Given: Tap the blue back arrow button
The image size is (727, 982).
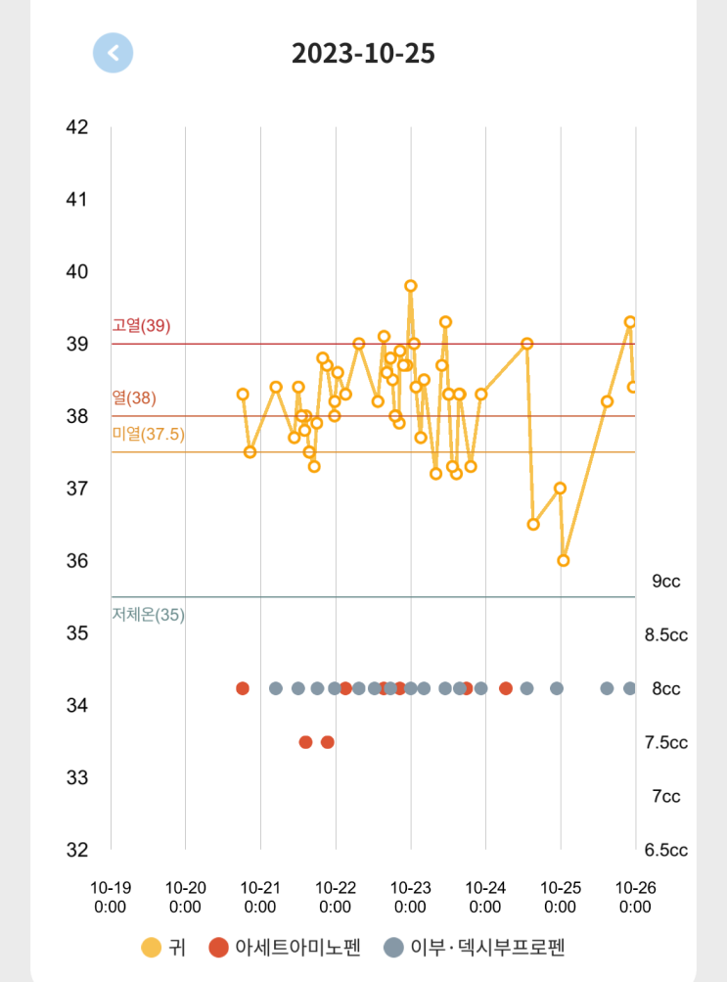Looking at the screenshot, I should coord(114,53).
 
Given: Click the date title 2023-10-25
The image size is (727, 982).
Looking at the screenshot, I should coord(363,54).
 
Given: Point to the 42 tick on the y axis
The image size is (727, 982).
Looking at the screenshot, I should coord(77,127).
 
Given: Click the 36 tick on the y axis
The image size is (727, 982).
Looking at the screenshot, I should coord(77,561).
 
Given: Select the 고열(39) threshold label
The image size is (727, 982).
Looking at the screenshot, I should coord(141,326).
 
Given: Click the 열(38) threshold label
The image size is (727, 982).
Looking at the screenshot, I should coord(134,398).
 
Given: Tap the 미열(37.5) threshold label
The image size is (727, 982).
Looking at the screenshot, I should coord(148,434).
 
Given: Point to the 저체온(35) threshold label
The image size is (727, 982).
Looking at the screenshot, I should coord(148,615).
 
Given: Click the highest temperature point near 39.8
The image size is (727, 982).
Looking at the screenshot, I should coord(411,286).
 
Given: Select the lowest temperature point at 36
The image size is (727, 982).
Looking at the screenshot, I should coord(564,560).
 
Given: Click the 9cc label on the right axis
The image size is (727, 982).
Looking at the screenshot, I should coord(666,582).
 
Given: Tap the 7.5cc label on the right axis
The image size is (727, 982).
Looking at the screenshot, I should coord(666,742).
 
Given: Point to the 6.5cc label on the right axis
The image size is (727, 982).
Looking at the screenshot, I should coord(666,850).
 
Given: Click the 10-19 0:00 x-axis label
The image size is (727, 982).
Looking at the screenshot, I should coord(111,897).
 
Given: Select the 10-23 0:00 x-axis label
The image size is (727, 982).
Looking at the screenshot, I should coord(411,897).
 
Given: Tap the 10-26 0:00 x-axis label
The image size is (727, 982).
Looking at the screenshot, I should coord(635,897).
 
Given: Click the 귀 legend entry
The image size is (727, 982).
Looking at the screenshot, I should coord(163,947).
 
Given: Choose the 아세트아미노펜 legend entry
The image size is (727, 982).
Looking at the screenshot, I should coord(285,947).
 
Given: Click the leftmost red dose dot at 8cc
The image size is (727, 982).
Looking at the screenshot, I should coord(243,688).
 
